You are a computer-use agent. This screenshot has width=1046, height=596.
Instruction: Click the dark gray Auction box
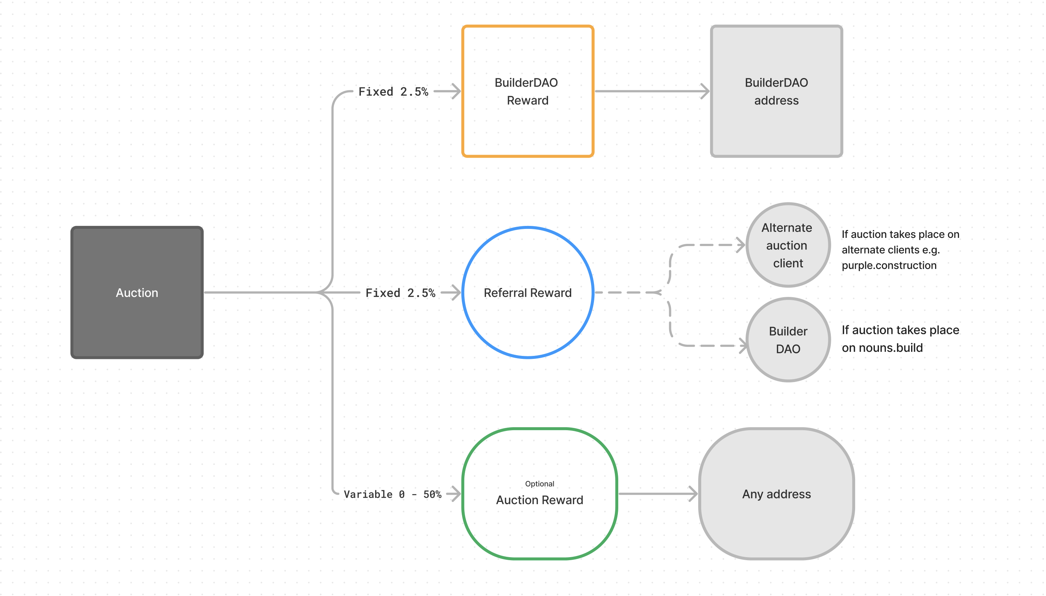137,292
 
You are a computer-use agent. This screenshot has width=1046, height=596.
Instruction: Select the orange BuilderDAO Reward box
527,91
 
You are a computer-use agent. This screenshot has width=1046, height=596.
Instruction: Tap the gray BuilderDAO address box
776,91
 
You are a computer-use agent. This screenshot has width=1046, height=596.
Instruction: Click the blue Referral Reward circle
527,292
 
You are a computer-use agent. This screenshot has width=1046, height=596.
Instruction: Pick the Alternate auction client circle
787,245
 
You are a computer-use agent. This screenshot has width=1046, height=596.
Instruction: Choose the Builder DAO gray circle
787,339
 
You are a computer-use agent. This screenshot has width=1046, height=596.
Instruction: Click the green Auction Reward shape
539,494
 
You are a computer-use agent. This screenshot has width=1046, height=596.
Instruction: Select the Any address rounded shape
776,494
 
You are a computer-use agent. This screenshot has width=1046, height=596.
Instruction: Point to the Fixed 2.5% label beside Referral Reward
400,293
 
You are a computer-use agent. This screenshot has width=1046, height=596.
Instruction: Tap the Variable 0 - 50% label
392,494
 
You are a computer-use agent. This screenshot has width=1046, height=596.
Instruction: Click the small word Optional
539,484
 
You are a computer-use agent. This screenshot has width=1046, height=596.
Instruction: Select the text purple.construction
888,265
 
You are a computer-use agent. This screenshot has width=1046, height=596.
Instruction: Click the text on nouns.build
882,348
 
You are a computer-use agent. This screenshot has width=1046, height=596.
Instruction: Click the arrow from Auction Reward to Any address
657,494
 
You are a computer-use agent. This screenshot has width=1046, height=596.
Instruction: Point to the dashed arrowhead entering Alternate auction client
740,245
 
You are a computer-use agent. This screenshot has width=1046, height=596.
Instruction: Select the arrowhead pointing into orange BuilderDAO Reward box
456,91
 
